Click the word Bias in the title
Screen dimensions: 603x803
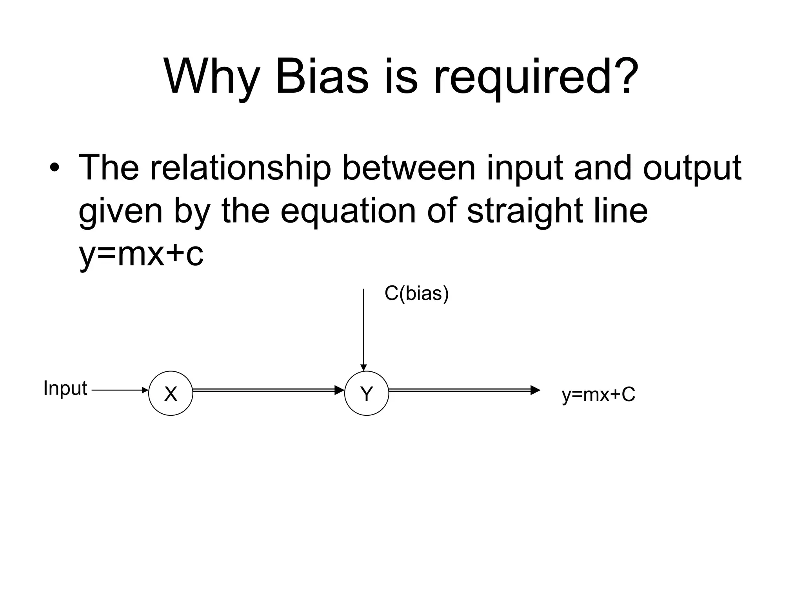point(322,76)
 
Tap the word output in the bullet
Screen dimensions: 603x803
point(692,169)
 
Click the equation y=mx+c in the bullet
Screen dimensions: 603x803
point(141,254)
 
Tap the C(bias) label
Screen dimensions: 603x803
point(416,294)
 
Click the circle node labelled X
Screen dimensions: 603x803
point(171,393)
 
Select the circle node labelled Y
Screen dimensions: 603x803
point(366,393)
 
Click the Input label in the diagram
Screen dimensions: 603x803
point(65,389)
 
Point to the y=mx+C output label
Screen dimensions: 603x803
point(598,395)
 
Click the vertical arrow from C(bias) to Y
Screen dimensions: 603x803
point(363,330)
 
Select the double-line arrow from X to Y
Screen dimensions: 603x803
point(268,390)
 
